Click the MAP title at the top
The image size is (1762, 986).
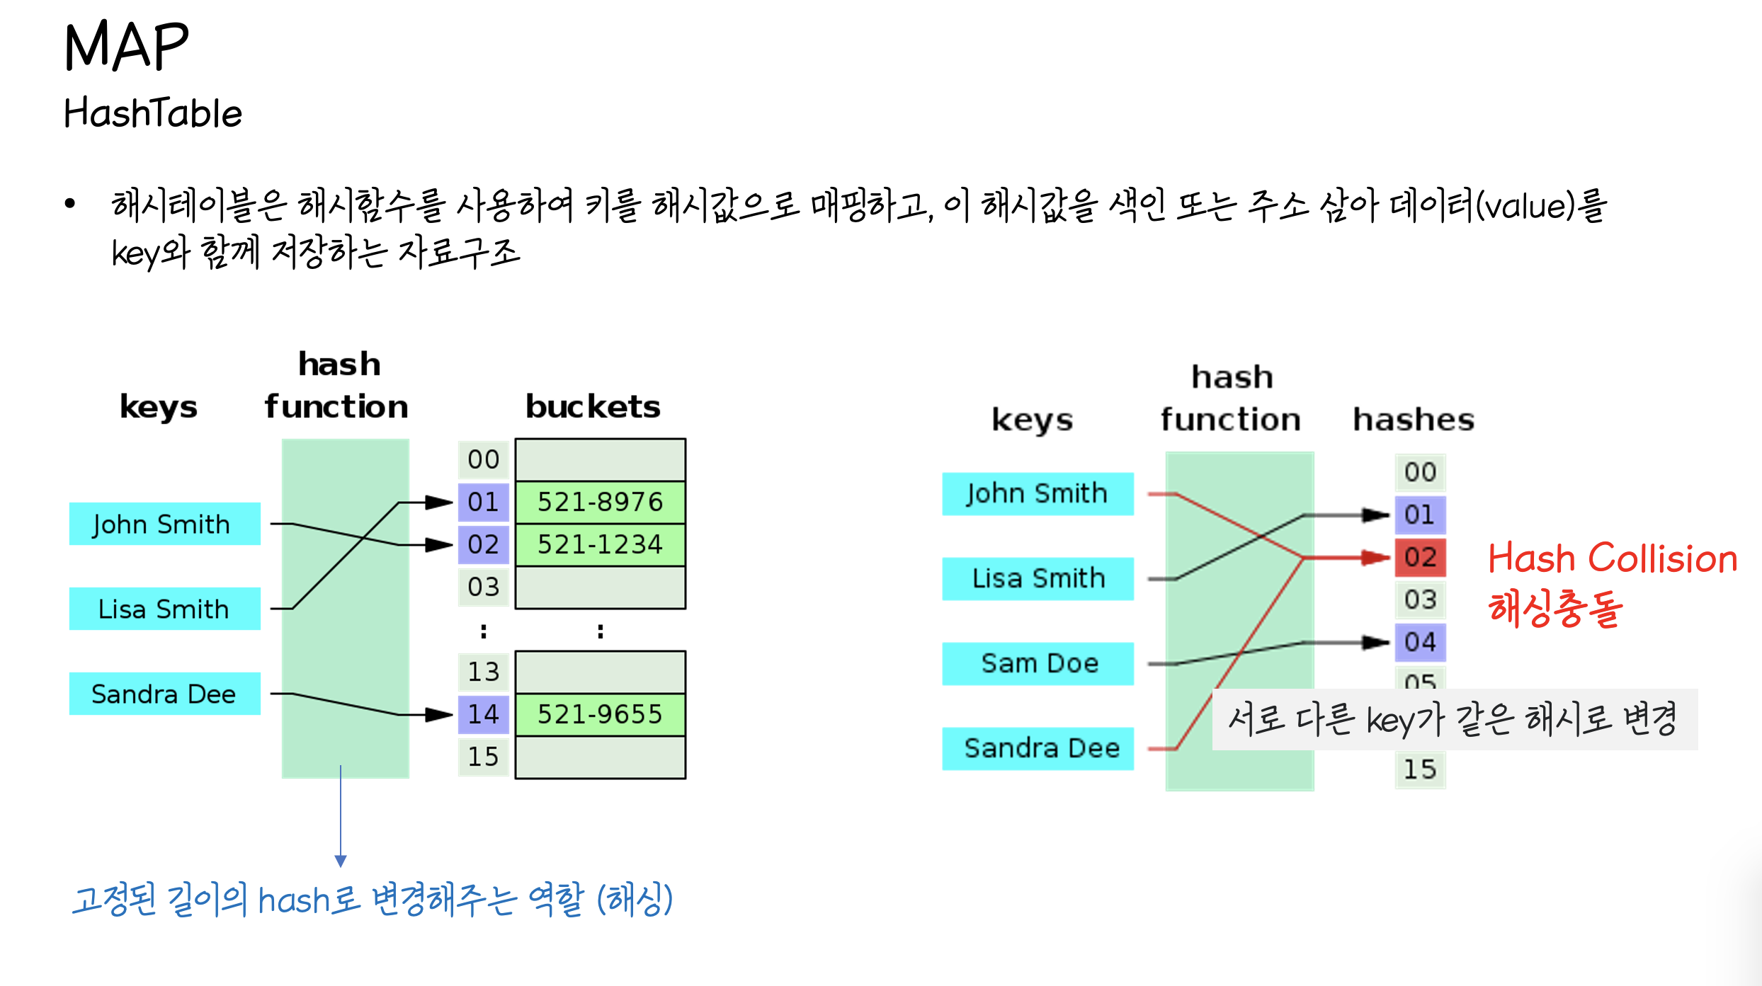tap(127, 47)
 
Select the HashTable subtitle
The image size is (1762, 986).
tap(153, 113)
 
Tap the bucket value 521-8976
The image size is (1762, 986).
tap(600, 502)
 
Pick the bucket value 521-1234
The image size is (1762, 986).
tap(600, 544)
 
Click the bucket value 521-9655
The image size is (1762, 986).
tap(600, 714)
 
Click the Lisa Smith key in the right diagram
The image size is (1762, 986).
tap(1038, 578)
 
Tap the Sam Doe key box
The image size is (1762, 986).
tap(1038, 663)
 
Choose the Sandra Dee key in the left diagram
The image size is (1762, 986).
tap(164, 694)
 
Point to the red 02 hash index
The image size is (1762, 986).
tap(1420, 557)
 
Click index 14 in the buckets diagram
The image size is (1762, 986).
tap(483, 714)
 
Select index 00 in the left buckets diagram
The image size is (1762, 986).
tap(483, 459)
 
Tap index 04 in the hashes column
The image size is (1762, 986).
tap(1420, 642)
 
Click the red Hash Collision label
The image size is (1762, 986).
tap(1613, 558)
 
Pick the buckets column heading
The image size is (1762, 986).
tap(593, 407)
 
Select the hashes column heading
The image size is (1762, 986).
tap(1414, 420)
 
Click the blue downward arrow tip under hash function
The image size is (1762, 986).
tap(341, 861)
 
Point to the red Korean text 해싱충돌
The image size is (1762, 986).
tap(1555, 608)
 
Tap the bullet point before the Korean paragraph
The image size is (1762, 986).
tap(69, 205)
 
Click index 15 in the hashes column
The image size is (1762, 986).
tap(1420, 769)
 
